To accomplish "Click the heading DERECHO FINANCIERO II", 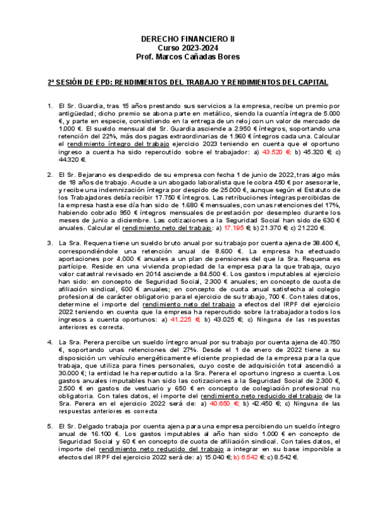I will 188,39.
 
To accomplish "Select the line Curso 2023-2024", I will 188,48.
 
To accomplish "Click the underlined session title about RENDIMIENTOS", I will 188,82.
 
